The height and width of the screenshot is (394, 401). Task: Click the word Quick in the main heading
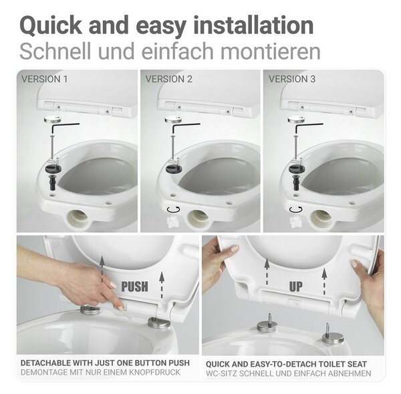click(51, 25)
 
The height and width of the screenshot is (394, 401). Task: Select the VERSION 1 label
click(45, 79)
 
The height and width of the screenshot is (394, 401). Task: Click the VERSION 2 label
click(169, 79)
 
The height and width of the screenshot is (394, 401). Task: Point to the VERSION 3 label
click(292, 79)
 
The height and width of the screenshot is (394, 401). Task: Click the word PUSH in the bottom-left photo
click(134, 286)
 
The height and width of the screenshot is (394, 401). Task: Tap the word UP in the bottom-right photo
click(295, 286)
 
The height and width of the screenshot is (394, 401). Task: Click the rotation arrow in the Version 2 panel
click(173, 209)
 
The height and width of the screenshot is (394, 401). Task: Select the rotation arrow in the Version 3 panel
click(296, 209)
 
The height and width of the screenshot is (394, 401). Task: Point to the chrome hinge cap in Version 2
click(174, 120)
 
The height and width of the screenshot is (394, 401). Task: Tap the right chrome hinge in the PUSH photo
click(159, 322)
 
